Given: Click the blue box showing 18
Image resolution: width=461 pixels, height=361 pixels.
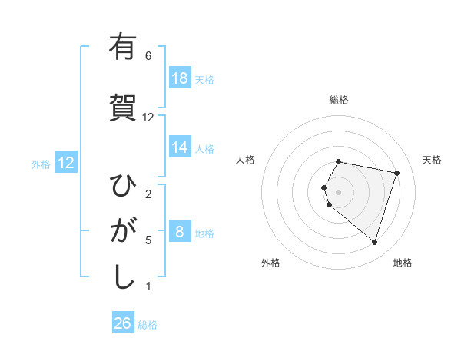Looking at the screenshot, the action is tap(180, 78).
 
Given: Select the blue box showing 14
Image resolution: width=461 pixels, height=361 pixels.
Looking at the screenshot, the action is tap(180, 147).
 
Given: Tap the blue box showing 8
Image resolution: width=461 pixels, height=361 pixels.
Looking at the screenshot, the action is tap(180, 232).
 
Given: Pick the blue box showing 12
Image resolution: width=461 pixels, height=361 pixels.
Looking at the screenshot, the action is tap(66, 163).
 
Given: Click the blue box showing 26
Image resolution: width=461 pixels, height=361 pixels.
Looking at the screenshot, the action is tap(123, 323).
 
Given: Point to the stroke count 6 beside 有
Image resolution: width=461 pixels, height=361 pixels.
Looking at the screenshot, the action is tap(148, 56).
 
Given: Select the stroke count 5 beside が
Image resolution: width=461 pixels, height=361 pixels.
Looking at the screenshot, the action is tap(148, 240).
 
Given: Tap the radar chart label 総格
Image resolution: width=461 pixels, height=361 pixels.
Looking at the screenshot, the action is tap(339, 100).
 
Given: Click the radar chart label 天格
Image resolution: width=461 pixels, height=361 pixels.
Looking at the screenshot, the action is tap(432, 160).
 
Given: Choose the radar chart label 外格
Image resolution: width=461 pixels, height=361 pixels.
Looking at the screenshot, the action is tap(270, 263).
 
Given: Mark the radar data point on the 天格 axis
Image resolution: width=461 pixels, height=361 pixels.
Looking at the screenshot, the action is tap(396, 173).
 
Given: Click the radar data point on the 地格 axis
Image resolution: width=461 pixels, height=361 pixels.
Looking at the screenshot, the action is tap(374, 242).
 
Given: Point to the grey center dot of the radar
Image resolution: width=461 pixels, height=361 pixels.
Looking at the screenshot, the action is tap(339, 190).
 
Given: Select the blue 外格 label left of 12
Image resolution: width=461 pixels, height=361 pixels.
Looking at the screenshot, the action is tap(41, 164).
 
